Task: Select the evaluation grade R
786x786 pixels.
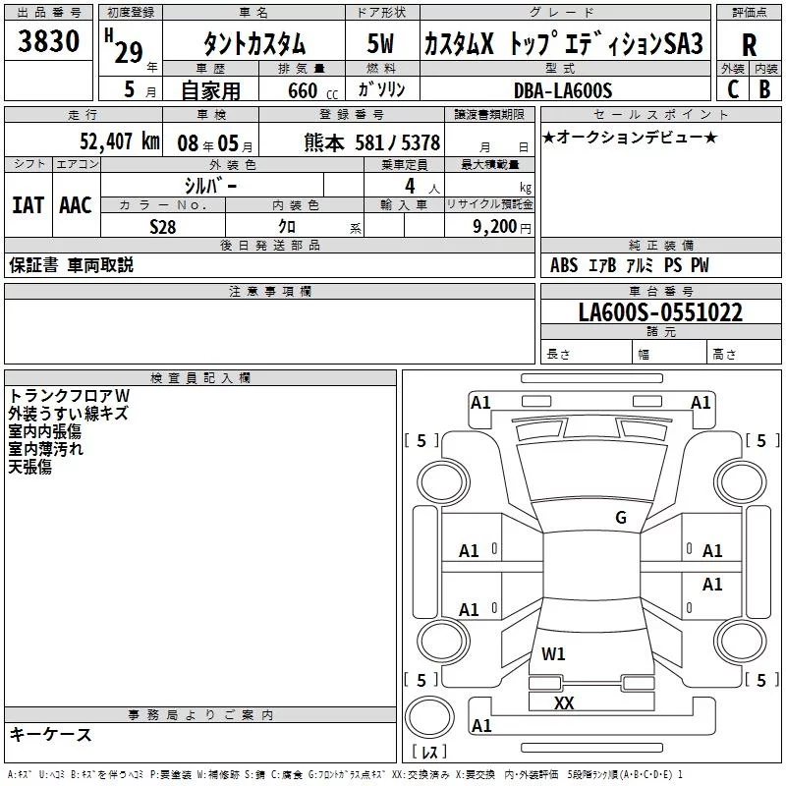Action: pyautogui.click(x=749, y=44)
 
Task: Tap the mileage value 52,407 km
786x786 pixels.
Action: pyautogui.click(x=118, y=140)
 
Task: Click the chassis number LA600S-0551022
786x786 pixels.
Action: pyautogui.click(x=659, y=313)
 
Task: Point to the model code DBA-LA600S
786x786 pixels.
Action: pyautogui.click(x=562, y=90)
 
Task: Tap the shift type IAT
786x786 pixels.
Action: pyautogui.click(x=28, y=204)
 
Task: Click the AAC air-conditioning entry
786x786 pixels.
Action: pyautogui.click(x=75, y=204)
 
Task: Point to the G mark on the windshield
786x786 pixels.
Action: pyautogui.click(x=620, y=518)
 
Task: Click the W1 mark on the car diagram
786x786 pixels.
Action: pyautogui.click(x=554, y=653)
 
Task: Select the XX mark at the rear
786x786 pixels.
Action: pyautogui.click(x=564, y=702)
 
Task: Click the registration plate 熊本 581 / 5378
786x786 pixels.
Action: pyautogui.click(x=372, y=141)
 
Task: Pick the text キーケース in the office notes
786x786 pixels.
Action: pyautogui.click(x=50, y=734)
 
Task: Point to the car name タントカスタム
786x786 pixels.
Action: pyautogui.click(x=253, y=44)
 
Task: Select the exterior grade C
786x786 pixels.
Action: pyautogui.click(x=732, y=89)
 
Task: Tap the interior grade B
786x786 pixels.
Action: pyautogui.click(x=764, y=89)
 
